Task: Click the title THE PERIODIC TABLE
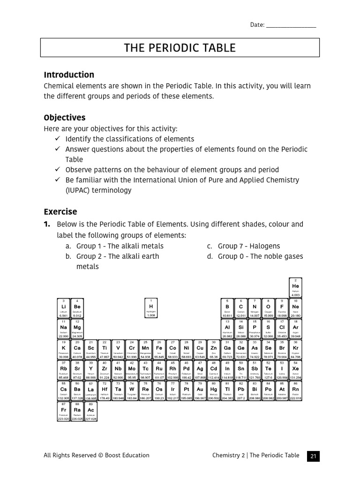click(180, 48)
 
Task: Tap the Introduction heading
click(69, 75)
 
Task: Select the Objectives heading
click(64, 117)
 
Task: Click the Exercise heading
click(60, 211)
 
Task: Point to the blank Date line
click(291, 25)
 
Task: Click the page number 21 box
click(313, 456)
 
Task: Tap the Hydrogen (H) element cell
click(151, 308)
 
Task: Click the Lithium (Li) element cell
click(63, 308)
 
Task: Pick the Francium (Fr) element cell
click(63, 411)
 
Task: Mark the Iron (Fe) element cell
click(159, 349)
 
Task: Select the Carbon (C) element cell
click(241, 308)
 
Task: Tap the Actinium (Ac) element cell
click(90, 411)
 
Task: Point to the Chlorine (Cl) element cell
click(282, 329)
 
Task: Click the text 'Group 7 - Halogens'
click(248, 246)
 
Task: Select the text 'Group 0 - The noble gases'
click(260, 256)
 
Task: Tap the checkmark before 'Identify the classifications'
click(57, 139)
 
